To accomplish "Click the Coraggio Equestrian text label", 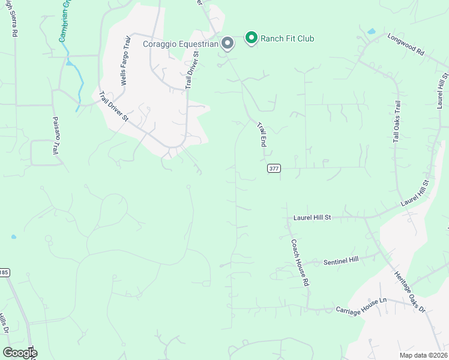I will click(x=180, y=44).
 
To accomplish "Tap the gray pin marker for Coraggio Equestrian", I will click(x=228, y=43).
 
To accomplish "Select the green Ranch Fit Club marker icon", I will click(x=252, y=38).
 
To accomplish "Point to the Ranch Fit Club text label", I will click(x=287, y=39).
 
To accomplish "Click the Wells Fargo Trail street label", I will click(x=127, y=59).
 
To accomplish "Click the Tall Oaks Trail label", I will click(x=397, y=121).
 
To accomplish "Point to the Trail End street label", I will click(x=262, y=134).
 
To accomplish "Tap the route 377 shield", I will click(x=274, y=169).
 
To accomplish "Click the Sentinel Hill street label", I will click(x=340, y=261).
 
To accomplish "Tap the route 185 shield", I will click(x=4, y=272).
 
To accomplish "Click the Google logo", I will click(x=20, y=353).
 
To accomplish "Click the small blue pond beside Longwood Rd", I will click(x=371, y=31).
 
